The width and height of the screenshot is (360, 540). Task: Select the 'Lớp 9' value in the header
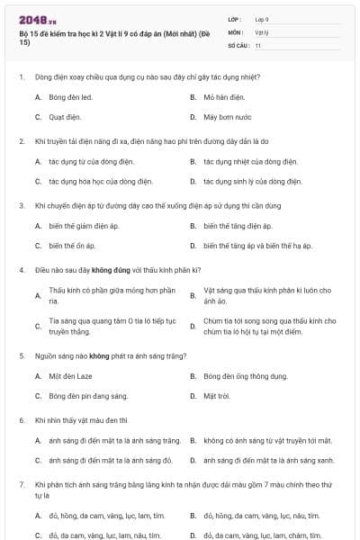click(x=262, y=19)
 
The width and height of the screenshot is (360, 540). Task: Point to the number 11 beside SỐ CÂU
click(x=258, y=45)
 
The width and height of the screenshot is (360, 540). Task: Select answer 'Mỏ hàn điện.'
click(x=225, y=96)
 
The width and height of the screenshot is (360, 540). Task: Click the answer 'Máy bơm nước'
click(x=228, y=117)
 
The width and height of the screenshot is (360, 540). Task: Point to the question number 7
click(x=20, y=484)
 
